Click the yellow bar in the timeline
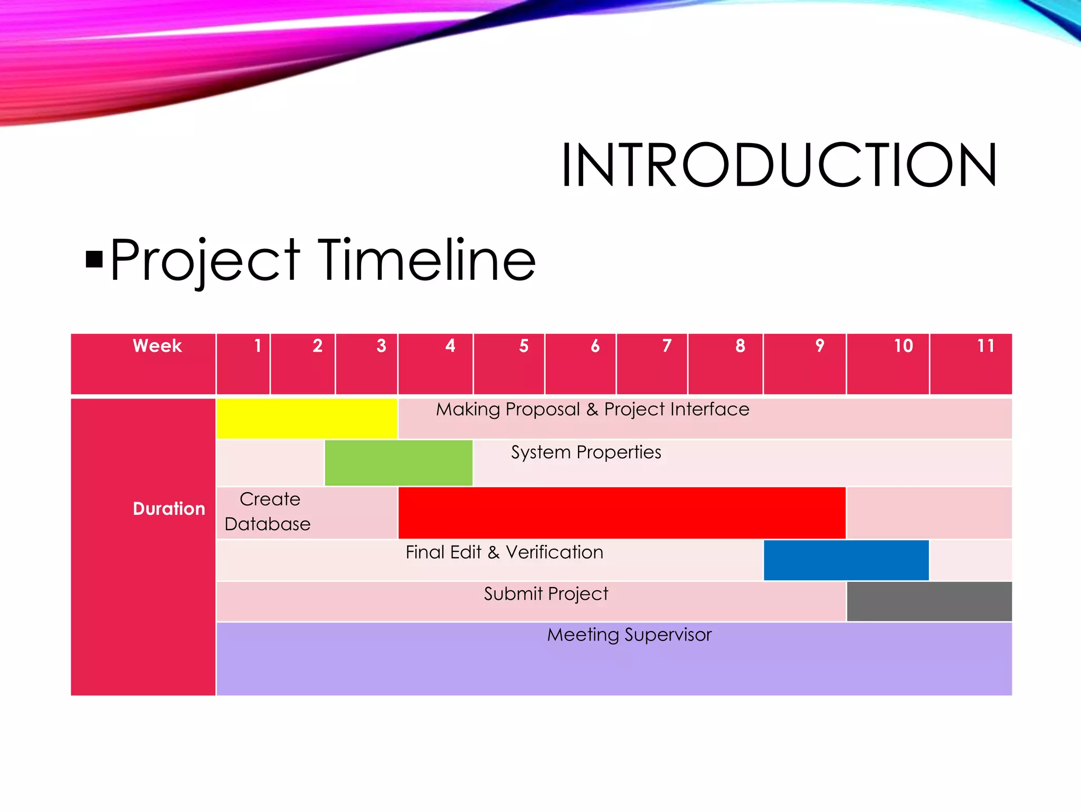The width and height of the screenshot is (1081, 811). click(307, 418)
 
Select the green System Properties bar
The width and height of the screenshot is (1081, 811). click(399, 463)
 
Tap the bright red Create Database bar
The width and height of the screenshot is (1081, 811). click(622, 513)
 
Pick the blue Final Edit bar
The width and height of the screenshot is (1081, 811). click(846, 560)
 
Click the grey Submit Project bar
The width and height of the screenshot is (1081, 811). click(929, 601)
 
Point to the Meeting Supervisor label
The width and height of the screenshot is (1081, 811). click(629, 635)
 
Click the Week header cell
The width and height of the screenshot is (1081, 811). click(157, 346)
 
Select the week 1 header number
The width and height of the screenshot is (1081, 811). click(258, 346)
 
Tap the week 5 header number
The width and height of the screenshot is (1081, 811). click(524, 346)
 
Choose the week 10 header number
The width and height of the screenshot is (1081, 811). click(903, 346)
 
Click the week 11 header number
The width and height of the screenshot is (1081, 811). click(985, 346)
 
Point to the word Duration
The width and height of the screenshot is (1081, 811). click(169, 508)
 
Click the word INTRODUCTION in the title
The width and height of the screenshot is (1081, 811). click(779, 165)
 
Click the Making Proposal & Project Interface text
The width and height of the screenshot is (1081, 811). click(592, 409)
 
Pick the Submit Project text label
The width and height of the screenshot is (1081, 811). click(546, 594)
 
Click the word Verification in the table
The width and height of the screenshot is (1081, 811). click(554, 552)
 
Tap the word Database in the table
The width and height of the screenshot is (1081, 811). click(268, 524)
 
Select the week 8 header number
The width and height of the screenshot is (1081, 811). click(740, 346)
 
